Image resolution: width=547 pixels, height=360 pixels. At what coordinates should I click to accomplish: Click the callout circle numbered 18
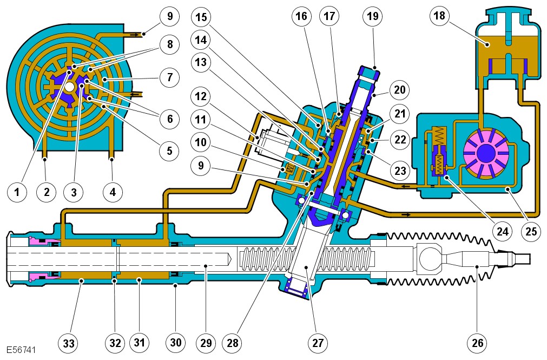click(439, 16)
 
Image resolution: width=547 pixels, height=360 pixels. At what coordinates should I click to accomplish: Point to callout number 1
click(18, 192)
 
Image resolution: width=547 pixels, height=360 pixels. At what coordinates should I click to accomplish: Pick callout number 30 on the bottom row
click(176, 342)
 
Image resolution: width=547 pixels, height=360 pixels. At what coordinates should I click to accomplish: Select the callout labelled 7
click(169, 78)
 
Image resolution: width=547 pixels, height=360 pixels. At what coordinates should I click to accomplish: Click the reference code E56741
click(21, 350)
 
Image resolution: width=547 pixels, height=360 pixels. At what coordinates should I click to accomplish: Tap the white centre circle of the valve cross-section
click(69, 87)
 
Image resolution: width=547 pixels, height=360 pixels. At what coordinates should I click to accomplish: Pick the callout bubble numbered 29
click(206, 342)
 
